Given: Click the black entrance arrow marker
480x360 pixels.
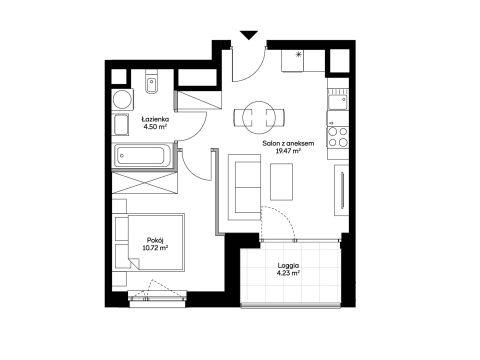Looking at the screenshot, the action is [249, 35].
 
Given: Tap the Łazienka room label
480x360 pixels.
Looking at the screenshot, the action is [155, 119].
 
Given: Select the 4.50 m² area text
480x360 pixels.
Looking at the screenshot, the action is [155, 127].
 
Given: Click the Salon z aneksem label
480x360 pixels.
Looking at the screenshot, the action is [288, 143].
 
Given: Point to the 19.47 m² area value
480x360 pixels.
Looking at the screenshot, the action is [288, 151].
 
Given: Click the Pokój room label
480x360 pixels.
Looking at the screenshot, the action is [155, 240].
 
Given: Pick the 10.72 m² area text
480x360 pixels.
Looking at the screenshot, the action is [155, 248].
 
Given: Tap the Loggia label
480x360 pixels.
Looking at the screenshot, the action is [288, 266].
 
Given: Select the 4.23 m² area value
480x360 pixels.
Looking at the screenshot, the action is [288, 273].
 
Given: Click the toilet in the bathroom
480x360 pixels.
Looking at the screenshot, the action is [152, 82].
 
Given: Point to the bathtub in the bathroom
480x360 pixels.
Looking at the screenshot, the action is [143, 155].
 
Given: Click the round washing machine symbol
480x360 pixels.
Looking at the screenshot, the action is [122, 99].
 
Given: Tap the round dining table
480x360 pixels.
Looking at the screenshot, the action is [259, 117].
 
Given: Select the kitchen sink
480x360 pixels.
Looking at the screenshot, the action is [337, 102].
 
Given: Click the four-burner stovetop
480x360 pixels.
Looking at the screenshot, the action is [338, 137].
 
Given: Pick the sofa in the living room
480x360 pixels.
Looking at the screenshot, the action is [244, 187].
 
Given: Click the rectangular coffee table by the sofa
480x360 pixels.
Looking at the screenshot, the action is [281, 182].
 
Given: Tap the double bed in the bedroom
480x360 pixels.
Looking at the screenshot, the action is [149, 242].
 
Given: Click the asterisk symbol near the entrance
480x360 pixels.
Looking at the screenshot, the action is [299, 55].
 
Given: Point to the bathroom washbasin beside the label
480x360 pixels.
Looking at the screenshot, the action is [121, 125].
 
